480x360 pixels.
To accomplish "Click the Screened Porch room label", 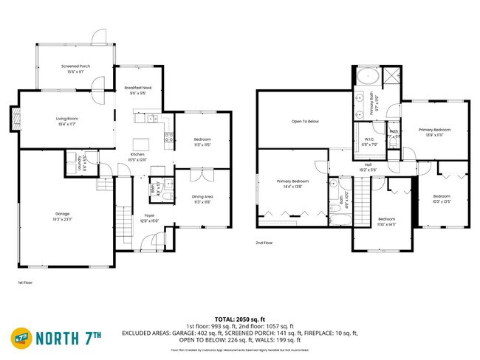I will tap(75, 66).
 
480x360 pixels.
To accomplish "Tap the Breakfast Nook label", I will tap(138, 88).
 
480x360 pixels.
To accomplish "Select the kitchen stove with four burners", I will tap(169, 136).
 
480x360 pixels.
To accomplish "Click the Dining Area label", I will tap(202, 196).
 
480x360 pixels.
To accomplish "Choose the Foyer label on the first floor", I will tap(149, 215).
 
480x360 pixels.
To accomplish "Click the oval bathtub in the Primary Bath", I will tap(367, 76).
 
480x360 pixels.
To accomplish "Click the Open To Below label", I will tap(305, 121).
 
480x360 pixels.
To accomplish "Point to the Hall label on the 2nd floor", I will tap(367, 165).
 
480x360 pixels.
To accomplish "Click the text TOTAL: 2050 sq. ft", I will tap(239, 319).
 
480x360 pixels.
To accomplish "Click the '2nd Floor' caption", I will tap(264, 243).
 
